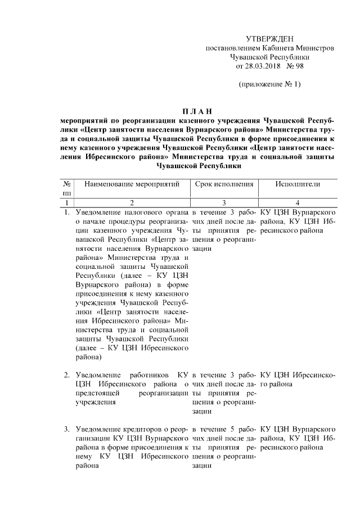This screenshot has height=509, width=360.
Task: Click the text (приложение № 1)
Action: pos(269,85)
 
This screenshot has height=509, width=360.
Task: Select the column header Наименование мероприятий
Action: pos(132,184)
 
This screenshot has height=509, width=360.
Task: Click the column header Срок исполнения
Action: pos(224,184)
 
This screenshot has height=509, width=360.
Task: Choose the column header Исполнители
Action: pos(298,184)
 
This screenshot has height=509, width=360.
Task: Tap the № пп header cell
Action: pos(66,188)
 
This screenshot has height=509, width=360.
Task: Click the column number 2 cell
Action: pos(132,202)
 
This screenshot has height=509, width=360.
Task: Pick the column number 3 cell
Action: pos(224,202)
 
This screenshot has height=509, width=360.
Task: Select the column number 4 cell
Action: pos(298,202)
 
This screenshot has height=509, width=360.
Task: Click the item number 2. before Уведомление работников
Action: pos(66,375)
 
